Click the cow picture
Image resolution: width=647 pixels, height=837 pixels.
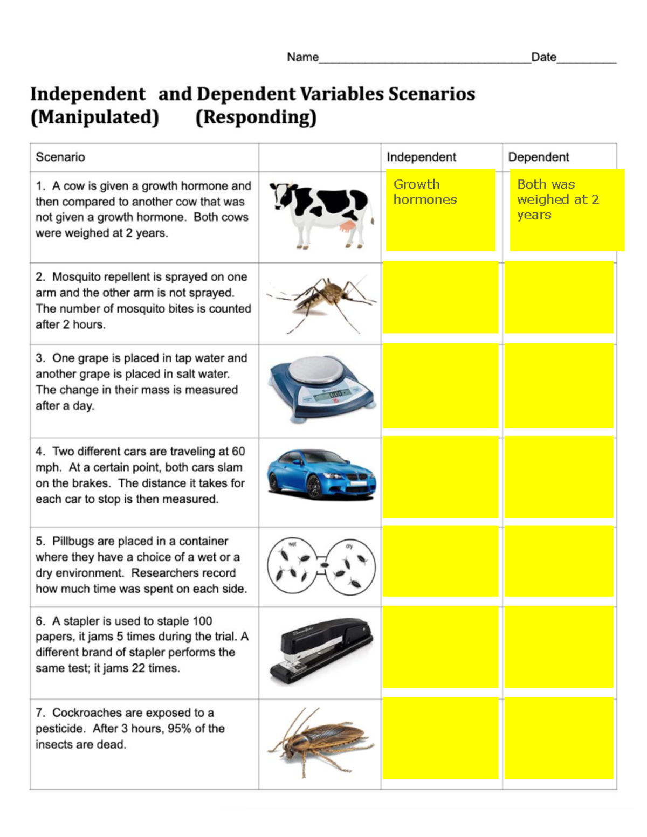(x=321, y=216)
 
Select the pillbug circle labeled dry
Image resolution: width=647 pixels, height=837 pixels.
(x=351, y=566)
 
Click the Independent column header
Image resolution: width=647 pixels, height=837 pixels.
(x=421, y=157)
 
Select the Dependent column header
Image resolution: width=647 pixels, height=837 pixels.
(x=538, y=157)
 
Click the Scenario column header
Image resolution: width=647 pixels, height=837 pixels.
(x=60, y=157)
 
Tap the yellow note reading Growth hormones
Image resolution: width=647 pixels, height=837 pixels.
(x=440, y=210)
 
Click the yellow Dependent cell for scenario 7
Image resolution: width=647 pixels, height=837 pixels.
(x=559, y=738)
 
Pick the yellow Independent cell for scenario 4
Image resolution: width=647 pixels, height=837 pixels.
(x=440, y=478)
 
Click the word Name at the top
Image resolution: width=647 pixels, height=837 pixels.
(x=302, y=57)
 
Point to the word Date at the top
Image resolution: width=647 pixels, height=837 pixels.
(x=543, y=57)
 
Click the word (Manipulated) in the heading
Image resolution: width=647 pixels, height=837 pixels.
(x=95, y=117)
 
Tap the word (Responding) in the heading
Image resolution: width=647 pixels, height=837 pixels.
(x=256, y=117)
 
